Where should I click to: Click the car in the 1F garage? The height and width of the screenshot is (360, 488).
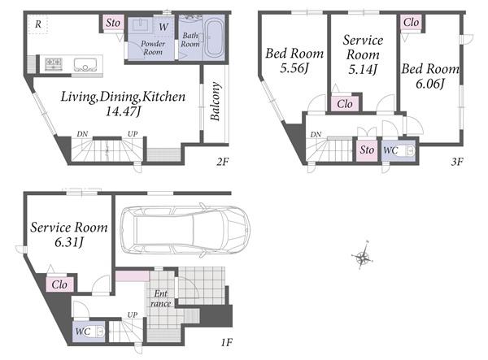[185, 230]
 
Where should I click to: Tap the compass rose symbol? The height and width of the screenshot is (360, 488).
[363, 257]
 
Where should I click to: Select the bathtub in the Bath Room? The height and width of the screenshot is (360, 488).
[213, 38]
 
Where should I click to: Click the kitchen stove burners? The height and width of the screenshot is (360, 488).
[54, 64]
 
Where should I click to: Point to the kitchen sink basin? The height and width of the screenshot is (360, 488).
[85, 65]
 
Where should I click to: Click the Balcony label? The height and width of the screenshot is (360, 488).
[216, 101]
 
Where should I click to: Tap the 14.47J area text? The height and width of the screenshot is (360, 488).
[123, 111]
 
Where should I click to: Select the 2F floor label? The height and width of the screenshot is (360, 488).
[223, 162]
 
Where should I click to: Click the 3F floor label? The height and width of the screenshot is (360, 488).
[457, 162]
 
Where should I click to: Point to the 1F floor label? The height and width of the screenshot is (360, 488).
[227, 343]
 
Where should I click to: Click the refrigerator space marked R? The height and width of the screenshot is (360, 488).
[37, 24]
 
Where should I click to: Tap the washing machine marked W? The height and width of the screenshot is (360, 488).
[163, 27]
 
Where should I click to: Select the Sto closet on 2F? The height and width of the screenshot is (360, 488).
[113, 23]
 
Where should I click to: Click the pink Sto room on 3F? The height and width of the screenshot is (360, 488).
[367, 150]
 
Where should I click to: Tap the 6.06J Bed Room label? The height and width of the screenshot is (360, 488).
[430, 76]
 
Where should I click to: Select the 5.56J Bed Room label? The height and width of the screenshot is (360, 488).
[294, 60]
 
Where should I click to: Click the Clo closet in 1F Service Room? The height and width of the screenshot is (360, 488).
[59, 284]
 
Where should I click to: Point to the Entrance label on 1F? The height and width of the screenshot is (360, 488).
[161, 298]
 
